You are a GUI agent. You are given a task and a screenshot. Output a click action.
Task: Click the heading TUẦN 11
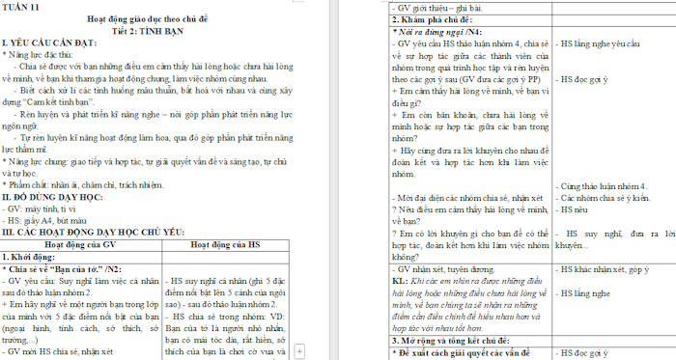[22, 7]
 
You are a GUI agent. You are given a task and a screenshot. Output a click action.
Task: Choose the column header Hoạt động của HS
[228, 245]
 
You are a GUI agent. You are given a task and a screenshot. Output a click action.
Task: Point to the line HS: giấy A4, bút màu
[53, 220]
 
